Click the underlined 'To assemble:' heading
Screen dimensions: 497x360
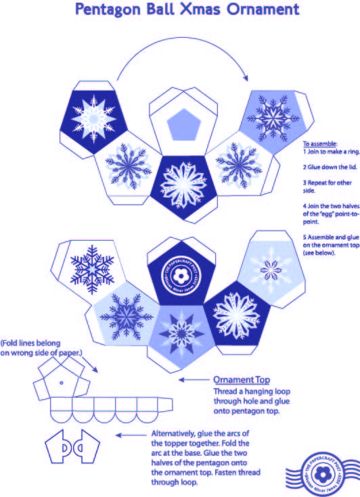point(320,144)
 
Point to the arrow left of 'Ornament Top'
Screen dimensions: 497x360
point(190,380)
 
